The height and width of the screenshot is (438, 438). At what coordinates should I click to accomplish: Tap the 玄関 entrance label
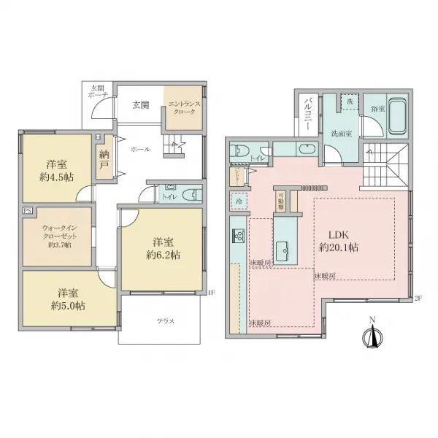tap(141, 104)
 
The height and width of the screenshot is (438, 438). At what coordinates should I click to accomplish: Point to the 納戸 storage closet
tap(104, 159)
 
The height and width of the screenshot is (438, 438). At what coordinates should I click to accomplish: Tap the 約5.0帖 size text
tap(67, 307)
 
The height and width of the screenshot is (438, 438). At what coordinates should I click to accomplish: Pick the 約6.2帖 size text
tap(163, 255)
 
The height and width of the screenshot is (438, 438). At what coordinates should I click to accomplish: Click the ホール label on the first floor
tap(140, 149)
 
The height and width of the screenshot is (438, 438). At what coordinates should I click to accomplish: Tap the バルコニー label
tap(308, 113)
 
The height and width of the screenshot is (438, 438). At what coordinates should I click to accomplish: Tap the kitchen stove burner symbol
tap(238, 235)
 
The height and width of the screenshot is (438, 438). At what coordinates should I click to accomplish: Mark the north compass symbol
tap(373, 336)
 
